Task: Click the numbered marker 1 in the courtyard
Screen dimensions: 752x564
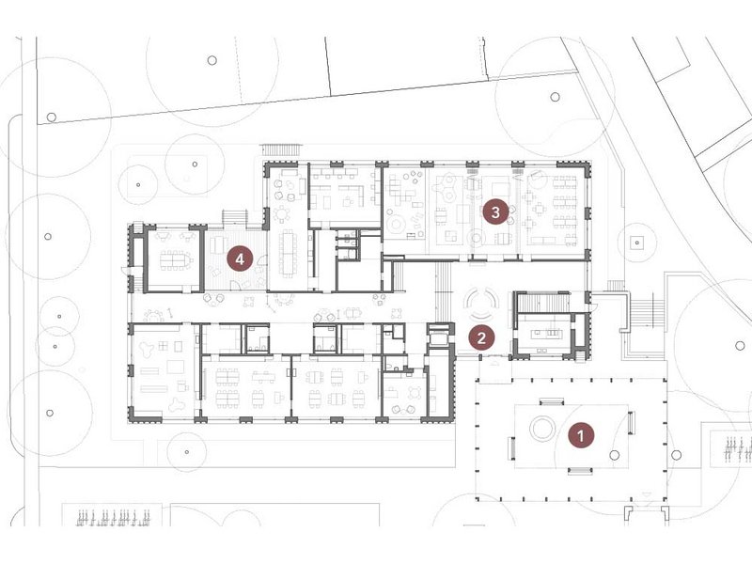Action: tap(581, 436)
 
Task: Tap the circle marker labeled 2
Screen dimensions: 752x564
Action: tap(481, 338)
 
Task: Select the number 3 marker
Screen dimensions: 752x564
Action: tap(495, 211)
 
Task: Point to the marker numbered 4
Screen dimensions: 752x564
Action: tap(240, 259)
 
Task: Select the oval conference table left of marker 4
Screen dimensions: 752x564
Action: tap(176, 259)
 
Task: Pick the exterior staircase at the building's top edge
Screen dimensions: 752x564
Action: tap(281, 149)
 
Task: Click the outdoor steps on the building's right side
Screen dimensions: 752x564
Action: tap(648, 312)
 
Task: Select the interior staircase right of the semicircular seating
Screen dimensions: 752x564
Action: tap(542, 302)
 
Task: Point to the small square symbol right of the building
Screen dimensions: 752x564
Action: tap(637, 243)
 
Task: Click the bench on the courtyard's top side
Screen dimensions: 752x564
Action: tap(552, 401)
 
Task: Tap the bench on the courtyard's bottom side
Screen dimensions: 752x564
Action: tap(580, 471)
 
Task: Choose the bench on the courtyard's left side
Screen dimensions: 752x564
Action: tap(511, 448)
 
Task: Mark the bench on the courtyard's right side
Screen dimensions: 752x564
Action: tap(631, 423)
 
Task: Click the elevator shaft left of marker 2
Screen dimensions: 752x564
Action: tap(439, 338)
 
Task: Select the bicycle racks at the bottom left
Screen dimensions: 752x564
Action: tap(114, 517)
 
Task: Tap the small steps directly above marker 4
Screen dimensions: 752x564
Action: tap(234, 217)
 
